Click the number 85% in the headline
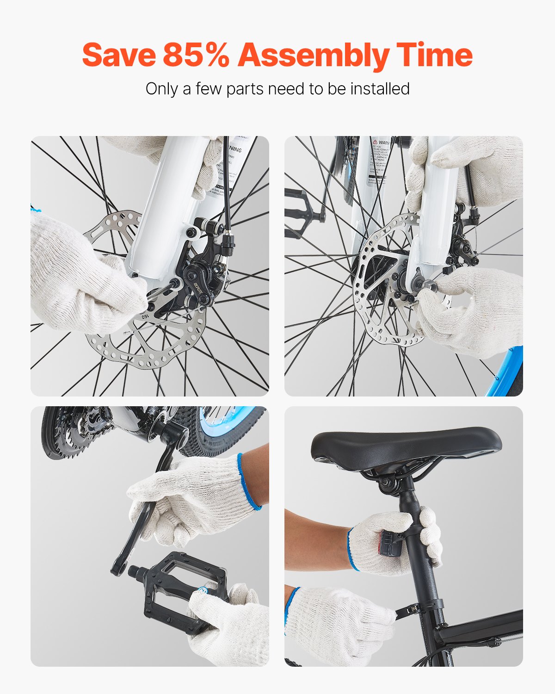196,55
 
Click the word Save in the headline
119,55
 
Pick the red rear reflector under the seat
386,544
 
